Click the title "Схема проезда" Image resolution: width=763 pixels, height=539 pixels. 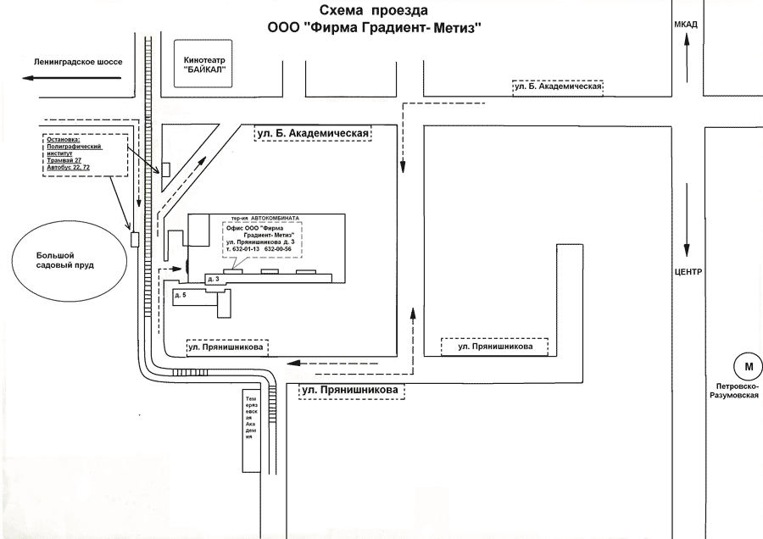[x=374, y=11]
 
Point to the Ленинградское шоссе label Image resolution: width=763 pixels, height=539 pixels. [x=79, y=63]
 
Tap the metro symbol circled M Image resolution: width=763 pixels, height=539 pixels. [x=748, y=366]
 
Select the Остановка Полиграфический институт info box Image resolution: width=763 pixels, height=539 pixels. [x=85, y=154]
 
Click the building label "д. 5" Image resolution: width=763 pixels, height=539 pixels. [x=180, y=295]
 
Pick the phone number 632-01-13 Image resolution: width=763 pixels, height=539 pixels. [x=246, y=250]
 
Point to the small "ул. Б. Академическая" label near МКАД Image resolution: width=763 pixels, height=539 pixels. [x=558, y=86]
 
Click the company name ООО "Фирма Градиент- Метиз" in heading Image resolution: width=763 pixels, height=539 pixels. [x=374, y=28]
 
